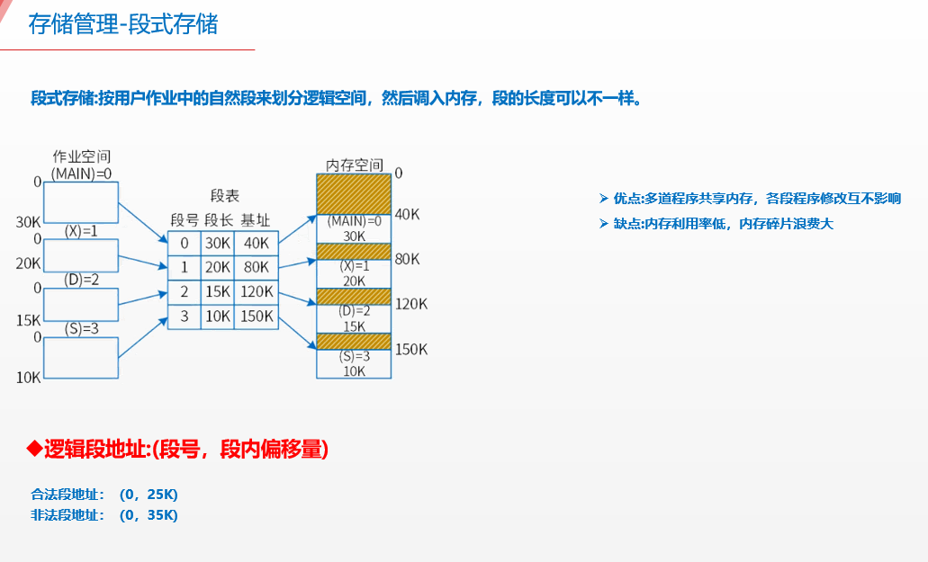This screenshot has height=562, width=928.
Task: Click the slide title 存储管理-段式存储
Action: (123, 24)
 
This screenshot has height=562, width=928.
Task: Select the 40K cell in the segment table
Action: (256, 243)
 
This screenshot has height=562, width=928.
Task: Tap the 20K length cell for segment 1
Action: (218, 267)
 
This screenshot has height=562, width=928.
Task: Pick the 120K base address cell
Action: (256, 291)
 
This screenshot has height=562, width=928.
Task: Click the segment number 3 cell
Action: (185, 316)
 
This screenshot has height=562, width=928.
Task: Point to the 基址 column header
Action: (255, 220)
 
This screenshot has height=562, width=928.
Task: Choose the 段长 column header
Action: (219, 220)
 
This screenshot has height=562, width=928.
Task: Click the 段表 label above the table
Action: (224, 196)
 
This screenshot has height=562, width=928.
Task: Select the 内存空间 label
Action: (354, 165)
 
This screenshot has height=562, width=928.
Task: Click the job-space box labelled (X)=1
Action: (81, 255)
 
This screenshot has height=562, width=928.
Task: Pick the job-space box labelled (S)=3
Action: (81, 357)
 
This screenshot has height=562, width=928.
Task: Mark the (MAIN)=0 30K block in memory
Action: (354, 228)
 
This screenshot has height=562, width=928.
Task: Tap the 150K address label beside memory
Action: (410, 349)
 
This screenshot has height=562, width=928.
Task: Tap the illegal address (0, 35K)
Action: (149, 515)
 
